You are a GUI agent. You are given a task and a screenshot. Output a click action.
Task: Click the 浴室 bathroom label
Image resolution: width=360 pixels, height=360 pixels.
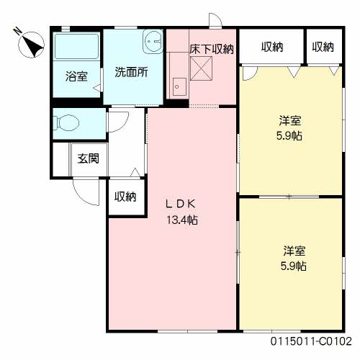coord(76,74)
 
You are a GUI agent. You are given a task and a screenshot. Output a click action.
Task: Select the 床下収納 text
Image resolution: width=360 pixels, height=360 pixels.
coord(212,49)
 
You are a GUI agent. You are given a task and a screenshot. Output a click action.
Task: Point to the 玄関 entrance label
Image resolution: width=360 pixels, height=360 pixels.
coord(88,158)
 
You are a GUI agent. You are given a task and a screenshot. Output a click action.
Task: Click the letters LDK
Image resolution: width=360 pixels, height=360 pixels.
coord(182,203)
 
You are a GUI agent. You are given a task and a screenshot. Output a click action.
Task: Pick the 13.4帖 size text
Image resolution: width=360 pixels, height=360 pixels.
coord(182,220)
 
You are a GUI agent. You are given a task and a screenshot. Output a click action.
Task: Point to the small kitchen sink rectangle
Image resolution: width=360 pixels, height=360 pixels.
coord(179,87)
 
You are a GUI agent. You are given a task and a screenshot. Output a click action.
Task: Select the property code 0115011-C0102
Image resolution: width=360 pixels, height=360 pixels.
coord(311,341)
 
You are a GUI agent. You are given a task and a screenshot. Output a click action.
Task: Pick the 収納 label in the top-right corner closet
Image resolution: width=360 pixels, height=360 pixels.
coord(323,47)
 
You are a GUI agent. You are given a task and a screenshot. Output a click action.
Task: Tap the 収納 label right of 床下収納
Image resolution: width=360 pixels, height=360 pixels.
coord(272,47)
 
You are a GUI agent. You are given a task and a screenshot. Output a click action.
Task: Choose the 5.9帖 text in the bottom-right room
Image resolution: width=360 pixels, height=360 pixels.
coord(294,266)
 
